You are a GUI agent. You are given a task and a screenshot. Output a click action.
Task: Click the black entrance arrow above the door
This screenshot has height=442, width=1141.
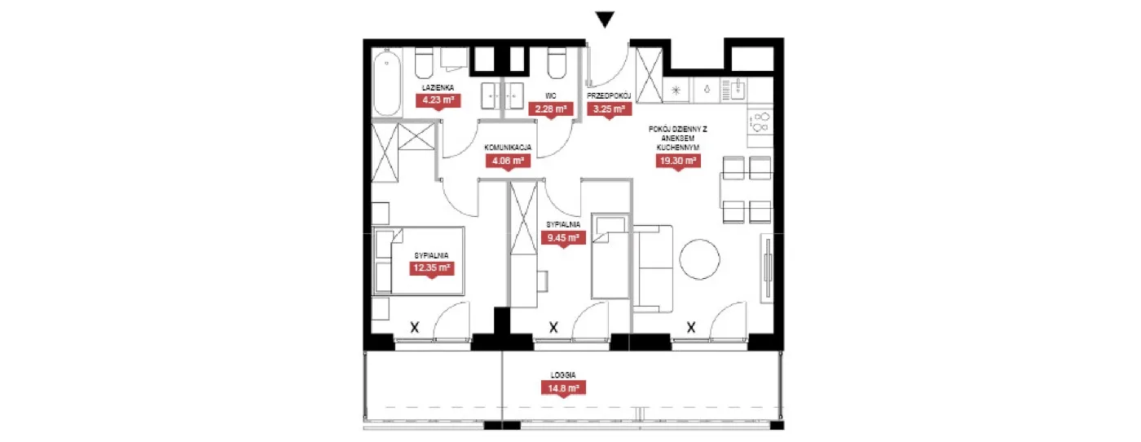pyautogui.click(x=605, y=20)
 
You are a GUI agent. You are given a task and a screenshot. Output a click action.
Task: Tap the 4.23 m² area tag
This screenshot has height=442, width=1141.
pyautogui.click(x=438, y=101)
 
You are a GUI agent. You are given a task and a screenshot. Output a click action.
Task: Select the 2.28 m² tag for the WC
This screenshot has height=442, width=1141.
pyautogui.click(x=551, y=109)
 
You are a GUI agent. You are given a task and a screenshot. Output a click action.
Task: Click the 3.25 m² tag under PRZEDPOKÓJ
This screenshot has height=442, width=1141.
pyautogui.click(x=610, y=109)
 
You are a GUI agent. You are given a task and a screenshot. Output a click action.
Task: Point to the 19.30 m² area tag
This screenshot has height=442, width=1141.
pyautogui.click(x=678, y=161)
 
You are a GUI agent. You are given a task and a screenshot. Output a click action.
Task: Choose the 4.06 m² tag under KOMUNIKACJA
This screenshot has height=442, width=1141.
pyautogui.click(x=508, y=161)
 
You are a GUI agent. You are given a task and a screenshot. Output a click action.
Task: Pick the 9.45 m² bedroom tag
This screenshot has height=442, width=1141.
pyautogui.click(x=563, y=238)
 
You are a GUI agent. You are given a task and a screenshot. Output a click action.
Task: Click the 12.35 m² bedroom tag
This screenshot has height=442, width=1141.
pyautogui.click(x=431, y=268)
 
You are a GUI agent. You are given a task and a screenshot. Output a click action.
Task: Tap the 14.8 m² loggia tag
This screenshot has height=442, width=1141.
pyautogui.click(x=563, y=388)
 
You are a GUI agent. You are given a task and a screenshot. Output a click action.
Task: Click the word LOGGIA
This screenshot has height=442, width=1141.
pyautogui.click(x=563, y=374)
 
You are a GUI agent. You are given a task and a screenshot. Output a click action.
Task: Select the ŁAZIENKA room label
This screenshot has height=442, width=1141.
pyautogui.click(x=438, y=88)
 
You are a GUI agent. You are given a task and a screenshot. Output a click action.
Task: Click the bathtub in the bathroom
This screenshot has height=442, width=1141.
pyautogui.click(x=387, y=82)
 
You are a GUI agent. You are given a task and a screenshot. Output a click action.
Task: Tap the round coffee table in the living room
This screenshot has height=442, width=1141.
pyautogui.click(x=699, y=259)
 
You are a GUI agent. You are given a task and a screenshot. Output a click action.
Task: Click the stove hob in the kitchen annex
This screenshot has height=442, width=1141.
pyautogui.click(x=760, y=122)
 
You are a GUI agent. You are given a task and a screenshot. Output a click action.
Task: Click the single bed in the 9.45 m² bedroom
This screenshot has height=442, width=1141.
pyautogui.click(x=610, y=256)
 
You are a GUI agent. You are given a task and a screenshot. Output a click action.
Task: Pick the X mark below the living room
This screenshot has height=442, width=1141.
pyautogui.click(x=691, y=327)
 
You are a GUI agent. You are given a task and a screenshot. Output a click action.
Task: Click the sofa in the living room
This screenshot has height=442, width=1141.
pyautogui.click(x=653, y=268)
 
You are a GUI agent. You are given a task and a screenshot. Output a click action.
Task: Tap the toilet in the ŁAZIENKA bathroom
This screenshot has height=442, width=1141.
pyautogui.click(x=424, y=64)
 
